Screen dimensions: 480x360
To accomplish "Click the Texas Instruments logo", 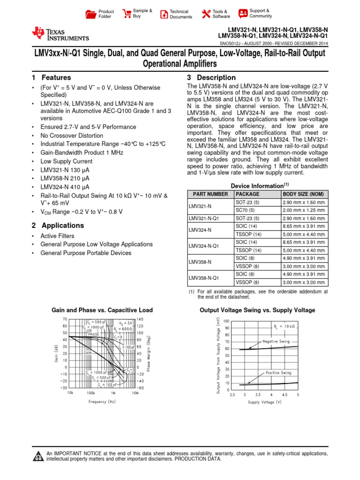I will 60,34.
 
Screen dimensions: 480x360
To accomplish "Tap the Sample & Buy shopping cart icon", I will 127,14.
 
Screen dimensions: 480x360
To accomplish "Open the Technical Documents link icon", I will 164,14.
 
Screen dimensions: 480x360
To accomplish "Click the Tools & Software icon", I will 205,14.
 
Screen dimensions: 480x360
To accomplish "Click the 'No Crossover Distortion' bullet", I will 72,135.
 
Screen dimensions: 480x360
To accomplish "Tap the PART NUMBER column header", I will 208,194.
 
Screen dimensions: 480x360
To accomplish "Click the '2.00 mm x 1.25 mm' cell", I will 303,210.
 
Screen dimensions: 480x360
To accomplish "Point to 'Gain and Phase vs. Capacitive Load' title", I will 102,310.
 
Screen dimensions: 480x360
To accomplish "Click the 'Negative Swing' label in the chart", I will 276,342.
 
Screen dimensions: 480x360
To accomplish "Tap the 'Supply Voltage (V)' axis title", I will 265,402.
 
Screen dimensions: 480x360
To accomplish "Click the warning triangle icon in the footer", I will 38,456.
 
